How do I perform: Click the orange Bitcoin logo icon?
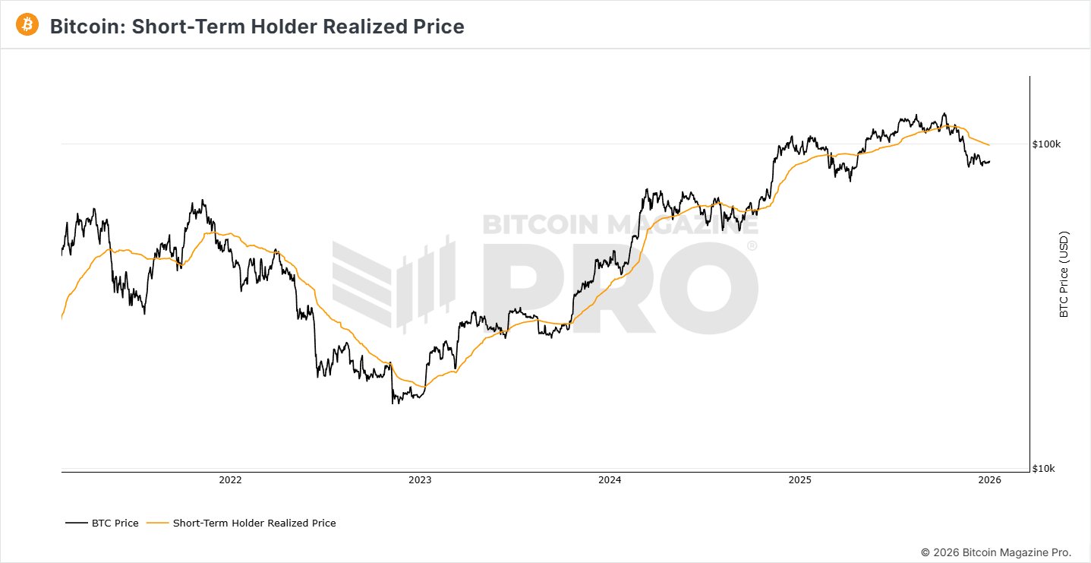click(x=27, y=24)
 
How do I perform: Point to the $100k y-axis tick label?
click(x=1047, y=144)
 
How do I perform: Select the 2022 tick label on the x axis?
click(x=230, y=480)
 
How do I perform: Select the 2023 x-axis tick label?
click(x=420, y=480)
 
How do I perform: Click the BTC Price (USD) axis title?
click(x=1064, y=274)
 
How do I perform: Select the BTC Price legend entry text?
click(x=115, y=523)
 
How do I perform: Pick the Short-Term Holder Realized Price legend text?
click(x=254, y=523)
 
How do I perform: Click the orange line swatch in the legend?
click(x=158, y=523)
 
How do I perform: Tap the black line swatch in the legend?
click(x=77, y=523)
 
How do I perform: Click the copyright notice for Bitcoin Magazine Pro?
click(x=996, y=552)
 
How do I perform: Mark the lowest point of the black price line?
click(x=393, y=403)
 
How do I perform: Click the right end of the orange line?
click(x=989, y=145)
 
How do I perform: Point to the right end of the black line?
click(x=989, y=161)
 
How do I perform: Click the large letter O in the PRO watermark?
click(x=704, y=289)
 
